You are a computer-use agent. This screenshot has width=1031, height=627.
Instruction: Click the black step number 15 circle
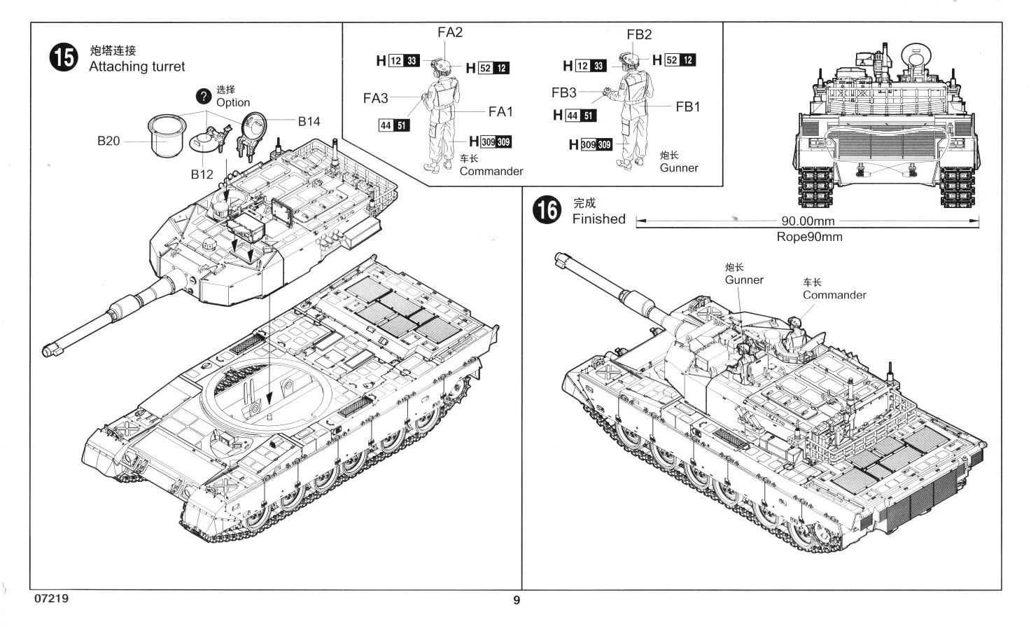coord(64,57)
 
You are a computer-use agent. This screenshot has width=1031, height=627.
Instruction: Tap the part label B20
coord(108,141)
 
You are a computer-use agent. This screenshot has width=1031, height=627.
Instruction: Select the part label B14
coord(309,122)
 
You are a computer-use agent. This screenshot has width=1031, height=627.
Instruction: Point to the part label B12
coord(202,174)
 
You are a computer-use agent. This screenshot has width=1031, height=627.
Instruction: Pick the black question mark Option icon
coord(204,96)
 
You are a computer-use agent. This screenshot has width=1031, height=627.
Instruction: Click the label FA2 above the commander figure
coord(449,32)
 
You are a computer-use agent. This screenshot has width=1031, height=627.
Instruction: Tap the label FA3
coord(376,98)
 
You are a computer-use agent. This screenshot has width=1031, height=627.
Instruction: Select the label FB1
coord(687,107)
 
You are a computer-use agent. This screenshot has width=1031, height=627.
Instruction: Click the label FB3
coord(564,92)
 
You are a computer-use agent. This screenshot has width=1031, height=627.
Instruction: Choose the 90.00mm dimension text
coord(808,221)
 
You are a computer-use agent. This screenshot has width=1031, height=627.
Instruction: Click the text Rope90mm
coord(810,237)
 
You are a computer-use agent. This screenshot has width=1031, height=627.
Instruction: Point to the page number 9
coord(517,600)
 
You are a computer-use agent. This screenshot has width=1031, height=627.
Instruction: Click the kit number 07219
coord(52,598)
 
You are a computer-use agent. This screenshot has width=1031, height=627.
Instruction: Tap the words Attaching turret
coord(136,67)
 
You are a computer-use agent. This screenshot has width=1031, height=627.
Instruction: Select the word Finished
coord(599,219)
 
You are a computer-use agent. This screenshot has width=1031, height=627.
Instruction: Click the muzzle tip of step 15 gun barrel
coord(47,352)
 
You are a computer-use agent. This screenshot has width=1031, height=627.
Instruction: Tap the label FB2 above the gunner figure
coord(639,34)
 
